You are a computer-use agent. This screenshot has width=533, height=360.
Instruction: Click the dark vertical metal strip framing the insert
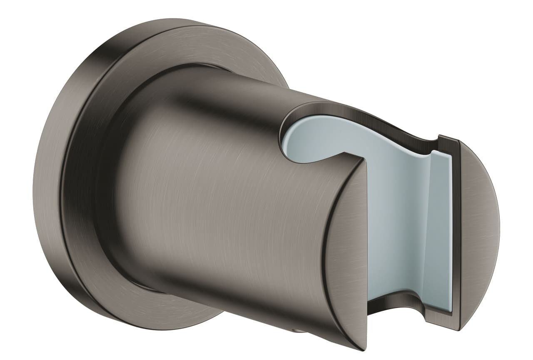(456, 233)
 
